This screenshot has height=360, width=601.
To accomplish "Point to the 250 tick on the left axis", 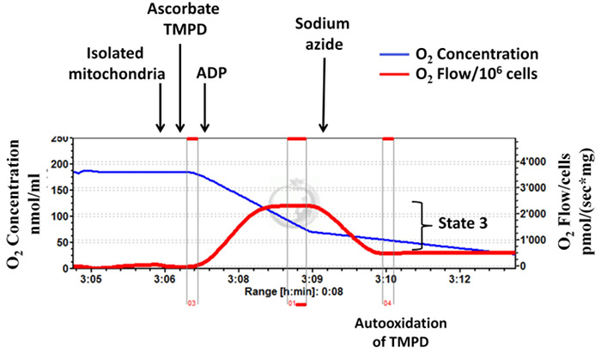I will pos(59,139).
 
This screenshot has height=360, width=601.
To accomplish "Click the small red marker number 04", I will pos(388,303).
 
